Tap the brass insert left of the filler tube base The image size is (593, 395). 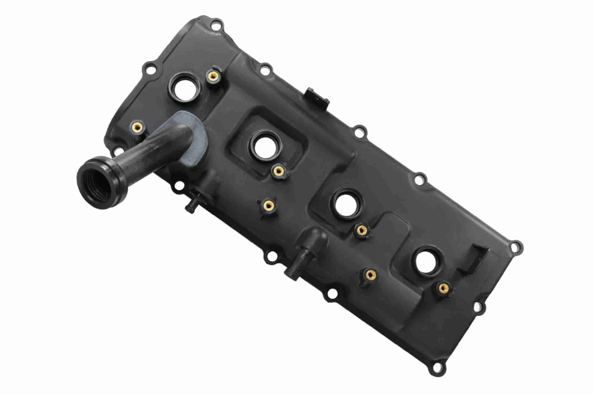(x=137, y=128)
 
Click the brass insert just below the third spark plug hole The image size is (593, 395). (x=362, y=230)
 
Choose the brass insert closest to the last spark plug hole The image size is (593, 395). (x=443, y=288)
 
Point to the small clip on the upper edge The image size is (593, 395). (x=317, y=98)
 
